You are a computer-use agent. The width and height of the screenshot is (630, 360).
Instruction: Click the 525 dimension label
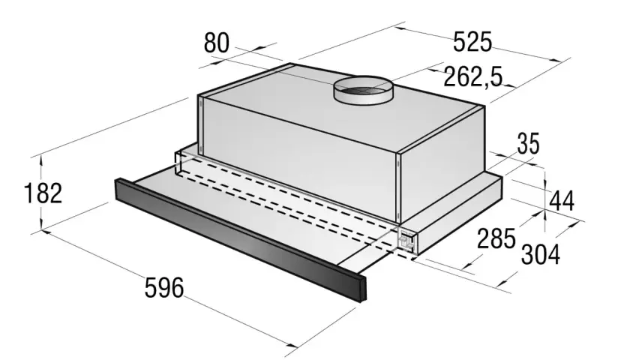(472, 41)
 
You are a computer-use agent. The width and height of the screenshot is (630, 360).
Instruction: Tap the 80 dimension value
(217, 43)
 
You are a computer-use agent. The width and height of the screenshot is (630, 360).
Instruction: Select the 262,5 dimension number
(473, 76)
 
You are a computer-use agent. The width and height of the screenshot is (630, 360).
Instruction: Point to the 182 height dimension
(43, 193)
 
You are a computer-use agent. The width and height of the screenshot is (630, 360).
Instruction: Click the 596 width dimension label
(164, 288)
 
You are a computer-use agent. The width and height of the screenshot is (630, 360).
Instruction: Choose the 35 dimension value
(528, 143)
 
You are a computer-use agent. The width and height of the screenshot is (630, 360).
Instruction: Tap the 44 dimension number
(562, 201)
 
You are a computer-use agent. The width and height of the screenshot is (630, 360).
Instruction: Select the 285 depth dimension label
(496, 238)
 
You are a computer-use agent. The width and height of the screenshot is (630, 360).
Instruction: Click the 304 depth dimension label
(541, 254)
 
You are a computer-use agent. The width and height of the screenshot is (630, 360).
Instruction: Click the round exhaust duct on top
(363, 91)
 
